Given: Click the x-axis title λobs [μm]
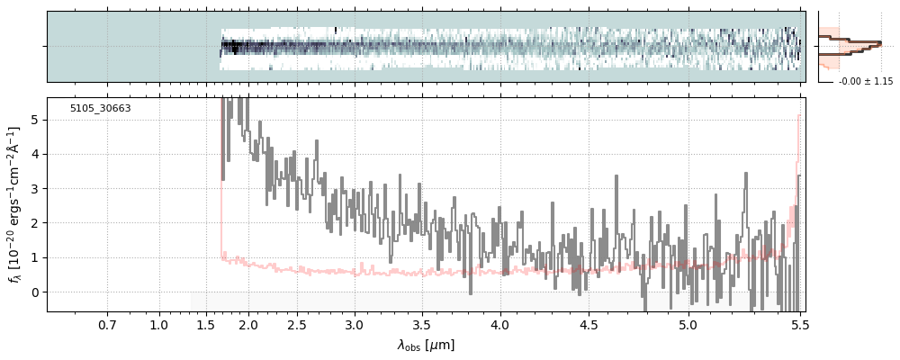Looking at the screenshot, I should pos(426,346).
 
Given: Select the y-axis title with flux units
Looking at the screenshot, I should pos(14,204).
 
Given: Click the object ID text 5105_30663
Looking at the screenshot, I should pos(100,109).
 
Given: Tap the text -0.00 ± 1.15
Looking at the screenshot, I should pos(866,82).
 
